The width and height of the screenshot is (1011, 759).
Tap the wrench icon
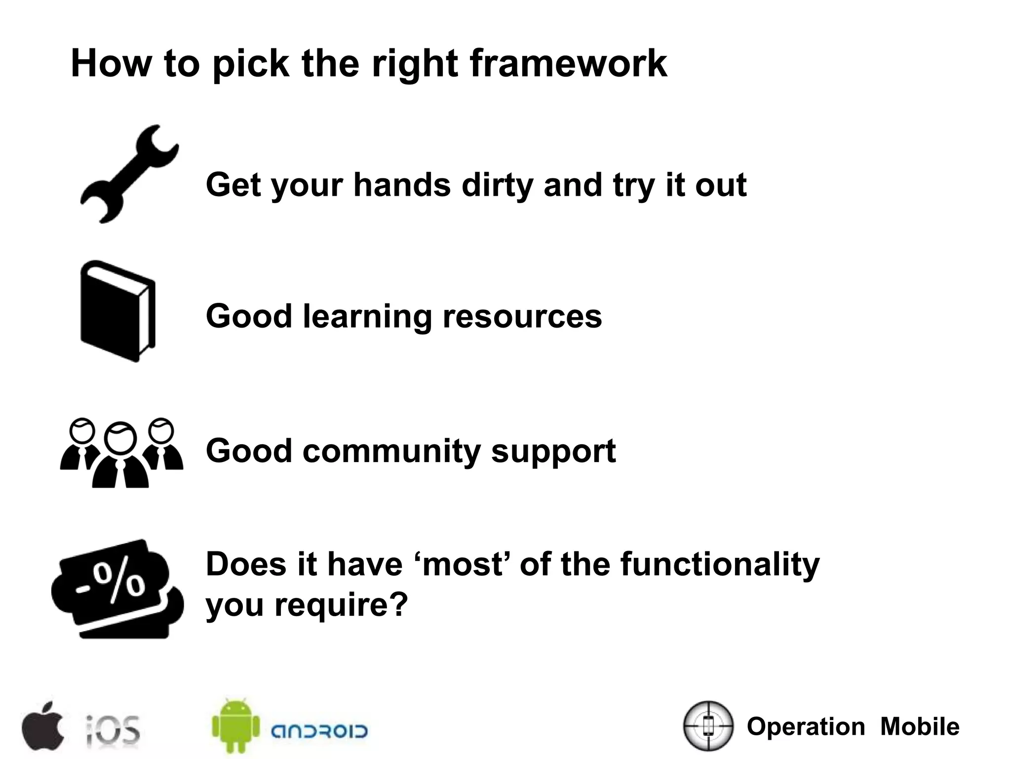[129, 174]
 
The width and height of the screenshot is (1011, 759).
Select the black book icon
[117, 311]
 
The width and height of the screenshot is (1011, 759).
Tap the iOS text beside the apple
[113, 730]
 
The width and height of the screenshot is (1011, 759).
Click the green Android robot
[235, 725]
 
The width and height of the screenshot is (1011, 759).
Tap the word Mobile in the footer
[920, 726]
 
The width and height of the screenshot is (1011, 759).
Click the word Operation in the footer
[806, 726]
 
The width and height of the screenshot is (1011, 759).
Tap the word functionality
[720, 564]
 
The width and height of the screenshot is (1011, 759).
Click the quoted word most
[463, 564]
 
